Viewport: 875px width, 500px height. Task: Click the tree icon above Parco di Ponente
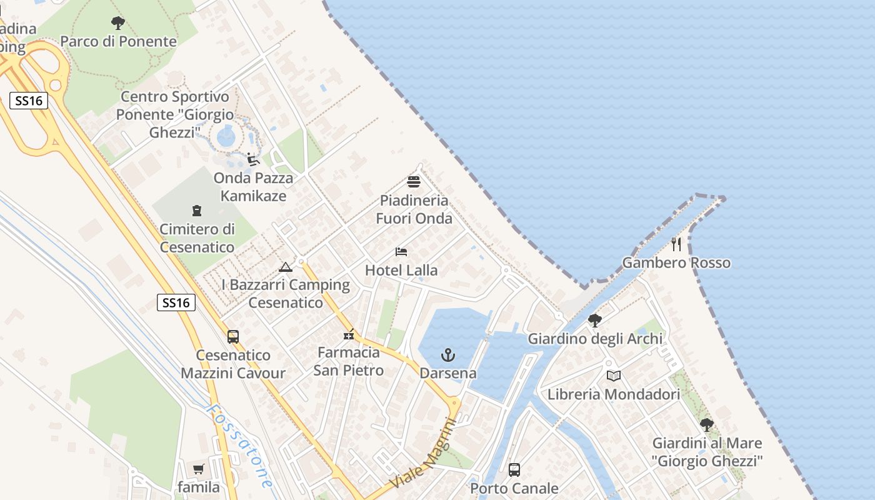coord(118,24)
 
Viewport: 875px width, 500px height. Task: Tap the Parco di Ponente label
coord(118,42)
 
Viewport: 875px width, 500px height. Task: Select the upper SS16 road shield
coord(29,101)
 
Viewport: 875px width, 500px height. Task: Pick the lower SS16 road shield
coord(176,303)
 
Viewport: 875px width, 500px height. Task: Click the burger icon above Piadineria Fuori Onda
coord(413,182)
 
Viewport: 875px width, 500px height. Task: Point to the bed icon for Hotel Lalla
coord(401,252)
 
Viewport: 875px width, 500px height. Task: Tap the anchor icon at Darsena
coord(447,356)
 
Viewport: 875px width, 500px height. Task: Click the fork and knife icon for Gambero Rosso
coord(676,244)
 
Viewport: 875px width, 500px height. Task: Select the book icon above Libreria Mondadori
coord(614,376)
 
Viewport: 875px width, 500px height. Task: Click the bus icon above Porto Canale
coord(514,469)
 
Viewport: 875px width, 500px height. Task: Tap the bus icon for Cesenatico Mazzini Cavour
coord(233,336)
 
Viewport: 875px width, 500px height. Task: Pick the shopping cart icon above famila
coord(199,469)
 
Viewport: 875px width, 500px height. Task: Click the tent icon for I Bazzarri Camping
coord(286,267)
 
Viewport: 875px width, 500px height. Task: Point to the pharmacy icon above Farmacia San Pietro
coord(349,334)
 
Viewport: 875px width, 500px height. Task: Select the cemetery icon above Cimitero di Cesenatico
coord(197,211)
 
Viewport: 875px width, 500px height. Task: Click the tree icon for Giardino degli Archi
coord(595,321)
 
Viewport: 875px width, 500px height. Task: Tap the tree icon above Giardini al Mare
coord(707,425)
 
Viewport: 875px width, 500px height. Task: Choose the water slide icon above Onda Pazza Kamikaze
coord(253,159)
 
